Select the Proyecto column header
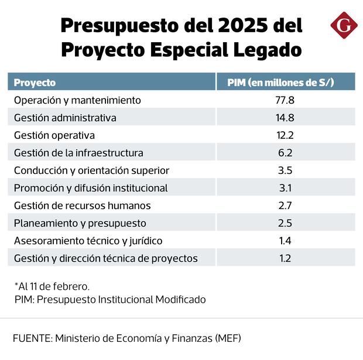(35, 83)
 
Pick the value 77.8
(285, 100)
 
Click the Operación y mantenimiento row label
(77, 100)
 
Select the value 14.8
(285, 118)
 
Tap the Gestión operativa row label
(54, 135)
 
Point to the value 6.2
(285, 153)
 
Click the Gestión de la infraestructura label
(78, 153)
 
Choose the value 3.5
(285, 170)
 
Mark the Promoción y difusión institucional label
(91, 188)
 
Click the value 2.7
(285, 205)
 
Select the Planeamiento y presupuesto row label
(80, 223)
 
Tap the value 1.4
(285, 241)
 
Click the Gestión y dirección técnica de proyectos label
(105, 258)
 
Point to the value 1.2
(285, 258)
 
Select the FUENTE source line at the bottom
(126, 338)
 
